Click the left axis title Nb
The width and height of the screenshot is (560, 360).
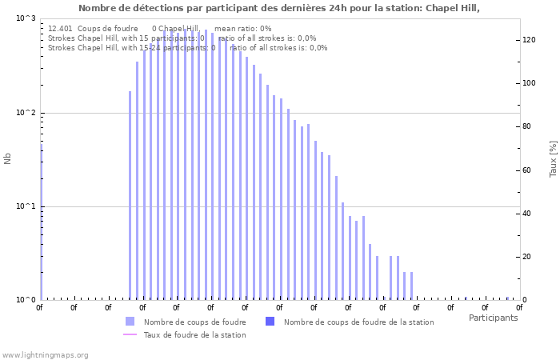(8, 158)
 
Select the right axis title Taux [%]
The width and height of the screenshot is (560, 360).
(553, 158)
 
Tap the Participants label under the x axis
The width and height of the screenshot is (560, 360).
(493, 318)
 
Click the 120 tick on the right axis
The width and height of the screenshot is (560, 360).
(529, 40)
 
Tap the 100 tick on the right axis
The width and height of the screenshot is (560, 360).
(529, 83)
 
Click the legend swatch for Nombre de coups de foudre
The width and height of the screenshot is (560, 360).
(130, 322)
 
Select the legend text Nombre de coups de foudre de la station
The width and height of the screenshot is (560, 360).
(358, 322)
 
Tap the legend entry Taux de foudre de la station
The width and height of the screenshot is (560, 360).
(194, 335)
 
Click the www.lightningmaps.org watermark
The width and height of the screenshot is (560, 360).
(45, 355)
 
